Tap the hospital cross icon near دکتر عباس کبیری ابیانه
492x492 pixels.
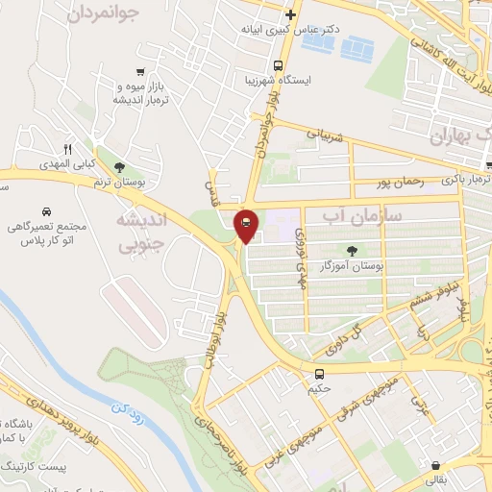pyautogui.click(x=291, y=14)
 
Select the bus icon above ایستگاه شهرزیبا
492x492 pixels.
pyautogui.click(x=278, y=65)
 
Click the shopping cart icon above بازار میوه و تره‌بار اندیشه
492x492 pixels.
pyautogui.click(x=141, y=71)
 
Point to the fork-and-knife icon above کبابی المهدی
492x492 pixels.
pyautogui.click(x=66, y=149)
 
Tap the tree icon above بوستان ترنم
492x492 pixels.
pyautogui.click(x=118, y=166)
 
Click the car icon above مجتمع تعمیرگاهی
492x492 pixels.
pyautogui.click(x=46, y=209)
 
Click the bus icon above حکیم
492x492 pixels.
pyautogui.click(x=319, y=374)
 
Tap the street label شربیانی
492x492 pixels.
pyautogui.click(x=324, y=134)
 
